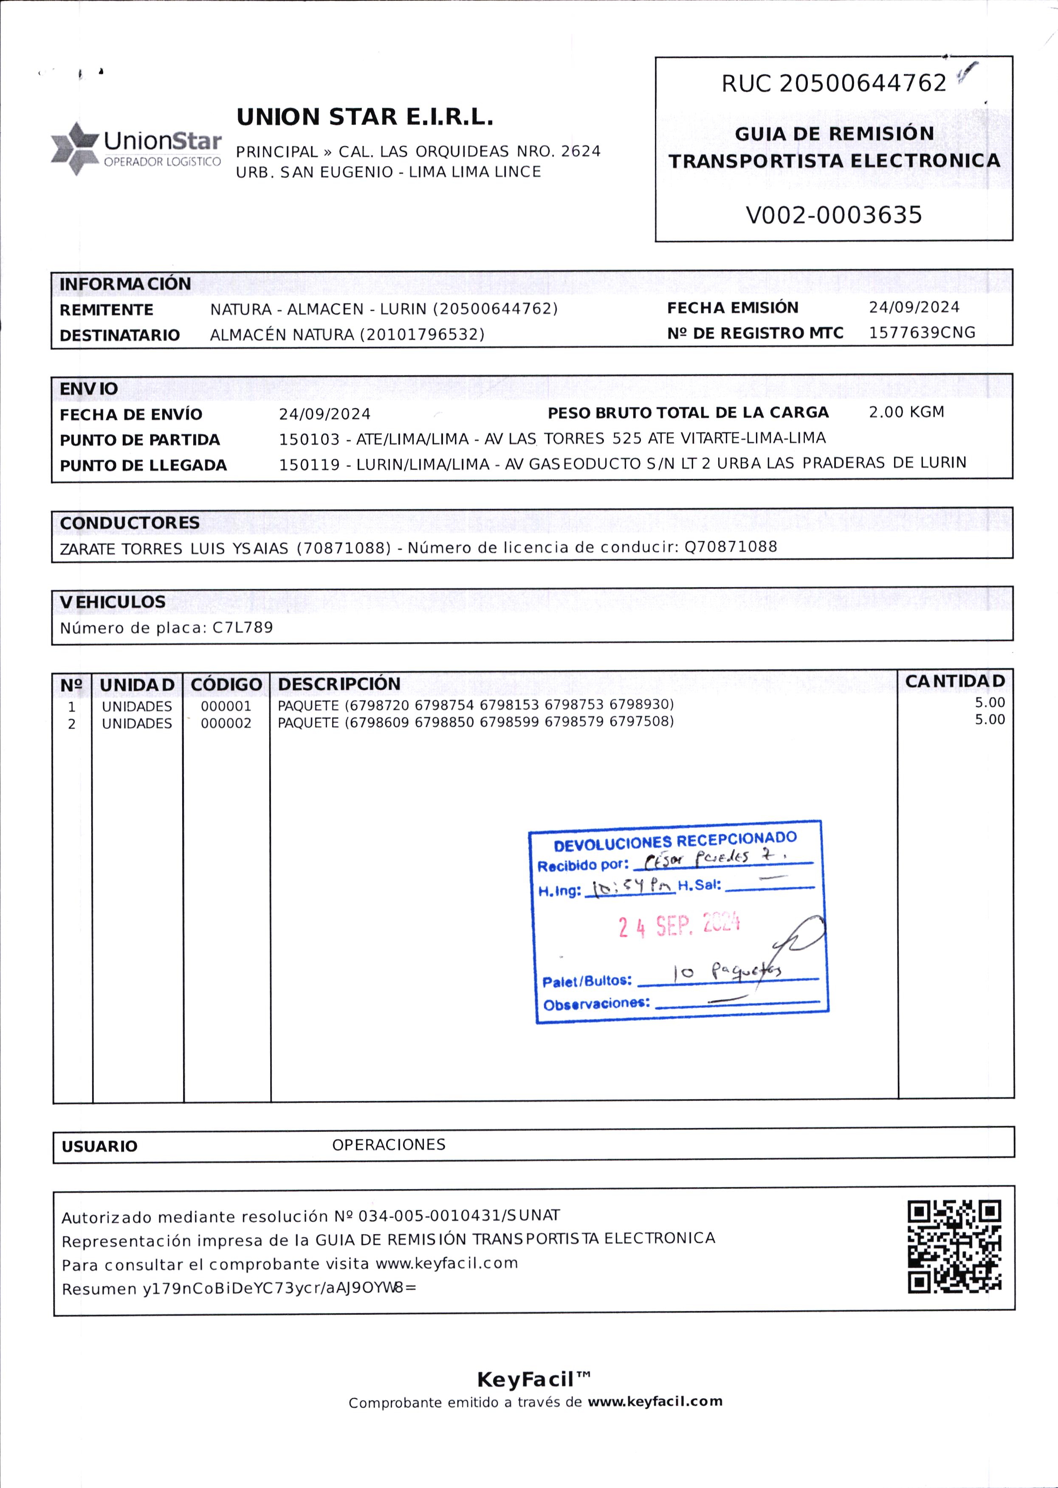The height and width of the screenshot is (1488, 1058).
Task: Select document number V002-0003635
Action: click(833, 215)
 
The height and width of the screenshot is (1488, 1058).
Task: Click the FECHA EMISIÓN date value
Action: click(913, 307)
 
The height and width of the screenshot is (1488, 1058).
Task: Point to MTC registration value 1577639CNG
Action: click(921, 333)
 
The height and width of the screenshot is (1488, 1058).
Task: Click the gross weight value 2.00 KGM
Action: click(906, 412)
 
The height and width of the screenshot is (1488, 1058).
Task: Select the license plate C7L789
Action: click(243, 628)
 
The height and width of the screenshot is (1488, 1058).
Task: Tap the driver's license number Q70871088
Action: click(730, 547)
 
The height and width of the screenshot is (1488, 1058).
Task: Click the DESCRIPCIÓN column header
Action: click(339, 684)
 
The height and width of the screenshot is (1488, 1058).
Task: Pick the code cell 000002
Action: click(226, 723)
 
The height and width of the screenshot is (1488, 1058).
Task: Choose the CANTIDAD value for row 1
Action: click(989, 703)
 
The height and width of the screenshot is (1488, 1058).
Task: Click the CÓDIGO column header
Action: click(226, 684)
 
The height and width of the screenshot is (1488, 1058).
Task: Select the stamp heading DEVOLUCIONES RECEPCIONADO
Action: click(675, 841)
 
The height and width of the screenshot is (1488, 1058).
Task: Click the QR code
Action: click(954, 1247)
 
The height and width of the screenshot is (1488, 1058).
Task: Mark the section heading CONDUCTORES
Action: click(130, 523)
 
